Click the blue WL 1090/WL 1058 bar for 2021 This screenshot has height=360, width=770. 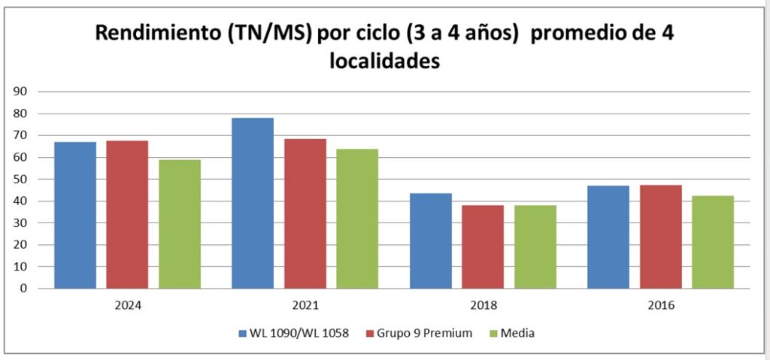coord(253,203)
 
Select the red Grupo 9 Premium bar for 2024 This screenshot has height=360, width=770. coord(127,214)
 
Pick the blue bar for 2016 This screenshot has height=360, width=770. coord(608,237)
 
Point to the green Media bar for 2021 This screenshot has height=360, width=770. coord(357,218)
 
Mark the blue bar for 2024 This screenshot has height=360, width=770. coord(75,215)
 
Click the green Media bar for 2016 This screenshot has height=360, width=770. coord(713,241)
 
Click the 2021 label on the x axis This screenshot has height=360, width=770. coord(305,306)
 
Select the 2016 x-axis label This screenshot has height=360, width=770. coord(661,306)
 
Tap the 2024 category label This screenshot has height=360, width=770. coord(128,306)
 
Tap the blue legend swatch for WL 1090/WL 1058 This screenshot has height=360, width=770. coord(242,333)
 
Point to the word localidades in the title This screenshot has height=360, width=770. coord(383,60)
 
